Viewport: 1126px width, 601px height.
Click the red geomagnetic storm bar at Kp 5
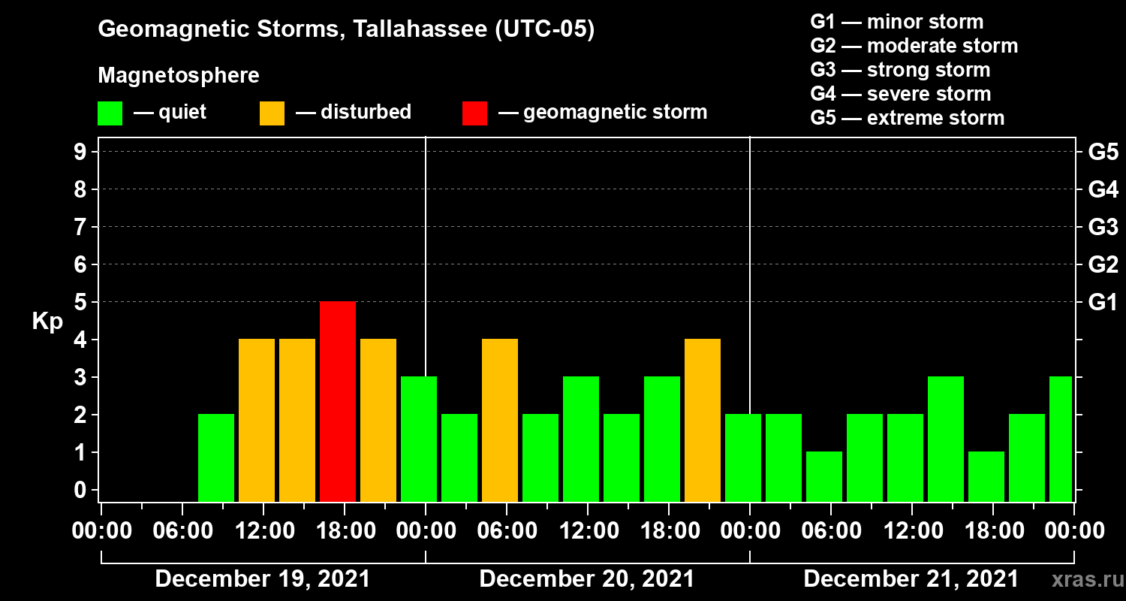(x=338, y=401)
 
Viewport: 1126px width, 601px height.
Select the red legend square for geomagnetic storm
(x=474, y=113)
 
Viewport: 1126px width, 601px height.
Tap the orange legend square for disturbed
(x=272, y=113)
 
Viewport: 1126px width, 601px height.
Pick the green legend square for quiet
(x=110, y=113)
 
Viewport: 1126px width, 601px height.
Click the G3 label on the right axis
(x=1103, y=227)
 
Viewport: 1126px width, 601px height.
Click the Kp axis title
(x=47, y=321)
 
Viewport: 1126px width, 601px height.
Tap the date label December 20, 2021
(x=586, y=579)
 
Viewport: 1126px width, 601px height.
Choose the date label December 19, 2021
(x=262, y=579)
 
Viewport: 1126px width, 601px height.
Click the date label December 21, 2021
(x=911, y=579)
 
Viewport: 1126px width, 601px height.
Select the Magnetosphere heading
(x=179, y=76)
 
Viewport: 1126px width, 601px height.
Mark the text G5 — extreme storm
(x=907, y=118)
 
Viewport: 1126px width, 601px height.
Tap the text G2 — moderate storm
(x=914, y=46)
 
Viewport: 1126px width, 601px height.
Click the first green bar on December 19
(x=216, y=458)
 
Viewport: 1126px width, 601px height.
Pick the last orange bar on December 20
(x=703, y=420)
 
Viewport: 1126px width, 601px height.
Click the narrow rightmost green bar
(x=1061, y=439)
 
